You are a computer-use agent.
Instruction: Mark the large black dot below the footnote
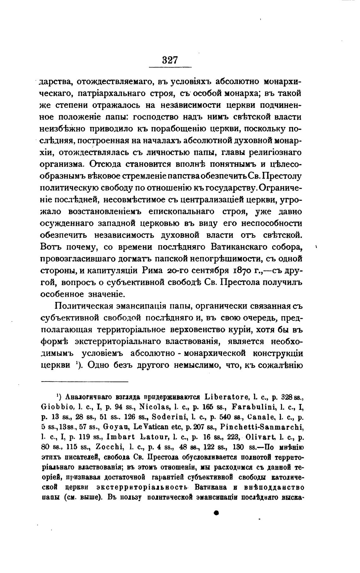tap(216, 513)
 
